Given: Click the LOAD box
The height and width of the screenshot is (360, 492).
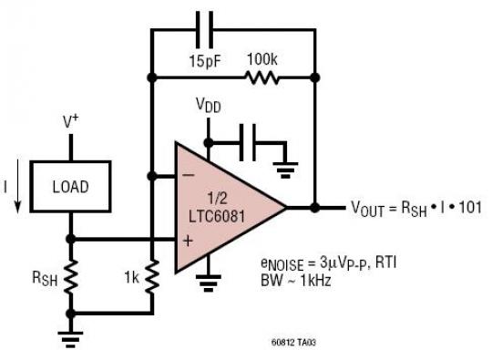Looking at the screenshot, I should click(70, 187).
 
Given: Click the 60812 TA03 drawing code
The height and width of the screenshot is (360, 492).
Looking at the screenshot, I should click(289, 345).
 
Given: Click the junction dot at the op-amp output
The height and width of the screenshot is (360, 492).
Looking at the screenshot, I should click(314, 207).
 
